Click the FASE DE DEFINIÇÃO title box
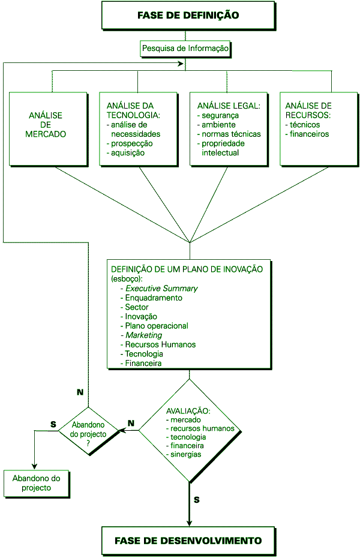pos(188,15)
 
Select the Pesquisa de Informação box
pos(185,49)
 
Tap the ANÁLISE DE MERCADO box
pos(46,125)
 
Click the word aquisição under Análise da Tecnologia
pos(128,153)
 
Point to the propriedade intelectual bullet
pos(221,148)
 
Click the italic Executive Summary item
pos(161,289)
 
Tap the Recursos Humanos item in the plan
pos(160,344)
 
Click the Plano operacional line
pos(157,326)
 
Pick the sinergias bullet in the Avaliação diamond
pos(185,454)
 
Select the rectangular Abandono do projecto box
pos(36,483)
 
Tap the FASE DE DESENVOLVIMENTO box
pos(188,541)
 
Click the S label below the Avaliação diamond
pos(197,499)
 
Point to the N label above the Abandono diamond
pos(80,392)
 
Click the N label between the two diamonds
pos(131,422)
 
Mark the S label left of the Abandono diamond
pos(53,424)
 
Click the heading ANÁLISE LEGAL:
pos(224,106)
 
